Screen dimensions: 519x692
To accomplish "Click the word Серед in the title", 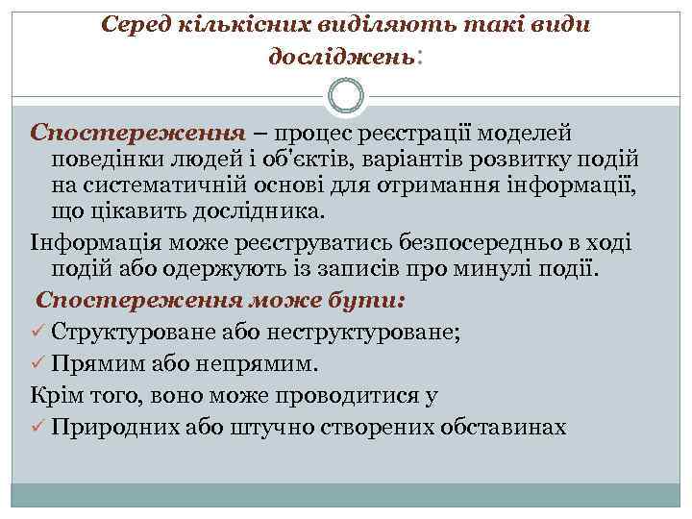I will pyautogui.click(x=136, y=24).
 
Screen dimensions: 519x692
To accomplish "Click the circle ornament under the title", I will pyautogui.click(x=346, y=99).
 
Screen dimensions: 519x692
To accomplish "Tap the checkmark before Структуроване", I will pyautogui.click(x=37, y=334).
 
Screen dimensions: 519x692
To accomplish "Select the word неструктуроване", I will pyautogui.click(x=367, y=334).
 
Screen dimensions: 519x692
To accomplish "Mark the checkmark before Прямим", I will pyautogui.click(x=37, y=364).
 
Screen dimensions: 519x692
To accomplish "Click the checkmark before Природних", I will pyautogui.click(x=37, y=426).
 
